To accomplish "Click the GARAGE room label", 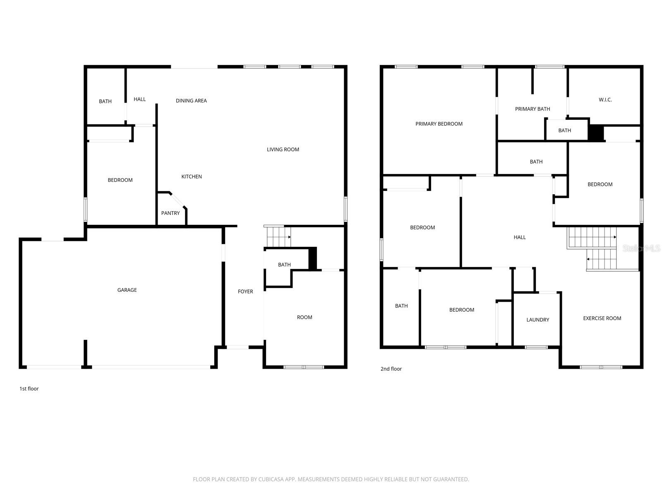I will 127,290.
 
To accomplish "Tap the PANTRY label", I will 170,213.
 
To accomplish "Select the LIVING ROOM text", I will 283,150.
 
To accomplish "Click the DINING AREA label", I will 191,101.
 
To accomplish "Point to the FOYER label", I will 245,292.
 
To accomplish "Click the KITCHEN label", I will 192,177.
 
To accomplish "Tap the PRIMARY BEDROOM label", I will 439,124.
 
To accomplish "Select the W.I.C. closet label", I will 605,100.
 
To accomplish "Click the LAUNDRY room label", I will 538,320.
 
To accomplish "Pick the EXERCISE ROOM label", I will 602,318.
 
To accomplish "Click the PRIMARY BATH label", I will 532,109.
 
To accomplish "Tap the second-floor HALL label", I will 520,237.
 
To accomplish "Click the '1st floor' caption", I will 29,389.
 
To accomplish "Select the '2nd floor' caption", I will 391,369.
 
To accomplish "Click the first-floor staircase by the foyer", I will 277,237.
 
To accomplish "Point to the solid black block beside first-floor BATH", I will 313,259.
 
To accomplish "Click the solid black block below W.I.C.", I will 596,133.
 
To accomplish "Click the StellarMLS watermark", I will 641,248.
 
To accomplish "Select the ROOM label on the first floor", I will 305,317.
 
